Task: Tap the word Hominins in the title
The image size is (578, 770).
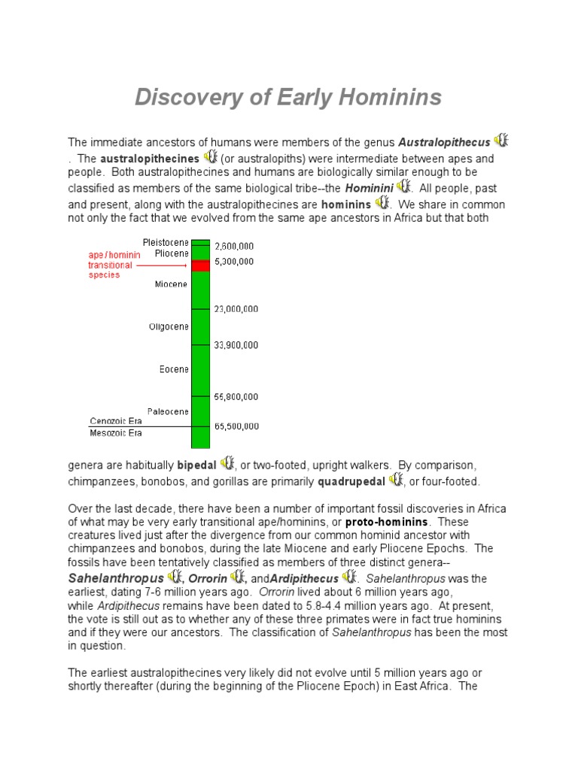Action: (x=390, y=97)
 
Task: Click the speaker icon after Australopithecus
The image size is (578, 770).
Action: (x=502, y=141)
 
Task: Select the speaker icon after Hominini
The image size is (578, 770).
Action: (x=404, y=185)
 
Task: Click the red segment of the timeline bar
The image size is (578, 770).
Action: (x=200, y=265)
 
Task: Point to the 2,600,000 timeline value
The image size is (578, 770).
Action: (x=234, y=245)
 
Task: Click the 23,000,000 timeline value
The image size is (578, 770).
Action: (x=236, y=308)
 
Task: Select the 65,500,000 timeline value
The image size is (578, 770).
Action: (x=236, y=426)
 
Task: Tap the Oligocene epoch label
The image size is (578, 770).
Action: (x=169, y=327)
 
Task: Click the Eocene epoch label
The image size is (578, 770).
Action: (x=175, y=369)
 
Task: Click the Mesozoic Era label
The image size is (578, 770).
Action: (x=116, y=433)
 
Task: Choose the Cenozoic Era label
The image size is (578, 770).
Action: (x=116, y=421)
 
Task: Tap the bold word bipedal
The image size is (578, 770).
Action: (x=196, y=465)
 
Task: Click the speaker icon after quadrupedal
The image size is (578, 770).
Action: (x=396, y=480)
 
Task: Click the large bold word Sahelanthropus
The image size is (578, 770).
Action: (x=115, y=578)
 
